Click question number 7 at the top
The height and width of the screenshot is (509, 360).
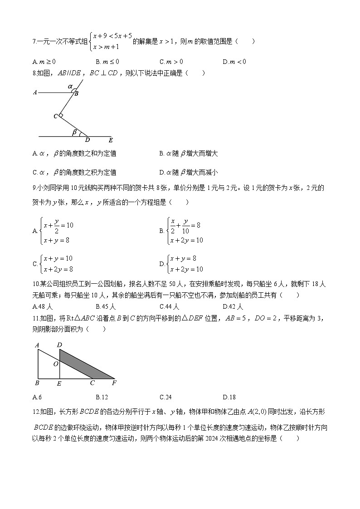35,42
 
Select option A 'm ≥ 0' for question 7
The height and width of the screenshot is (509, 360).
44,62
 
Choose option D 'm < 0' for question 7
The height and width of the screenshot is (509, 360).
234,62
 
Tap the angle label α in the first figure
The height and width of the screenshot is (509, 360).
70,86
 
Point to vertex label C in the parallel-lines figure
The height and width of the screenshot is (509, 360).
55,116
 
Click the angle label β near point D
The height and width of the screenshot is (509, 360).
74,132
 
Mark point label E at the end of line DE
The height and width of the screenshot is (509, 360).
111,141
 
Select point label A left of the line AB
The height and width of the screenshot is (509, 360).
35,92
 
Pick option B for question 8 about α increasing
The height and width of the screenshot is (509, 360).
188,154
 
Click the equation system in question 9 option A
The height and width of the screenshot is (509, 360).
57,231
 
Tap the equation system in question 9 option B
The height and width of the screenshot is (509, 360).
185,231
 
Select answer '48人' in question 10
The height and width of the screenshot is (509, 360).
44,306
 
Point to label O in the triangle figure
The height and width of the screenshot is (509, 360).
55,364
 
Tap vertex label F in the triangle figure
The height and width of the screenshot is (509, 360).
114,383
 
